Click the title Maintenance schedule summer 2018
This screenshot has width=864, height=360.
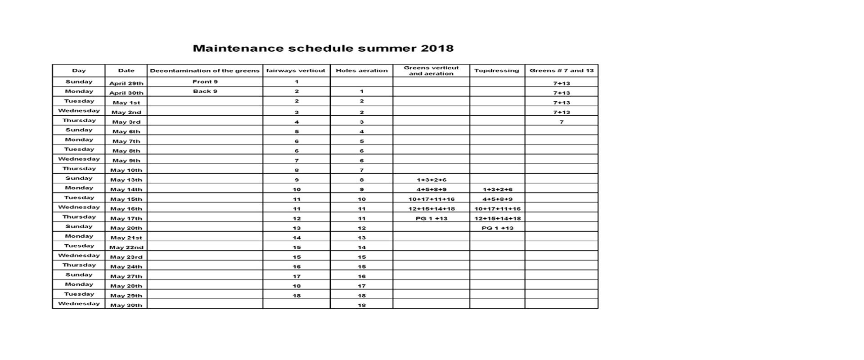click(323, 49)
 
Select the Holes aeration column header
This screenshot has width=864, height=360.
click(361, 71)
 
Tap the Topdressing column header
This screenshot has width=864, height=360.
click(496, 71)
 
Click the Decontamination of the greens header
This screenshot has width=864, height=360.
click(205, 71)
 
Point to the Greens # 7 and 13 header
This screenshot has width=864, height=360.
click(561, 71)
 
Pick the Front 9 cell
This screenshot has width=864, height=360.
click(205, 82)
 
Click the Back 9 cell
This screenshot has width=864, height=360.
click(205, 91)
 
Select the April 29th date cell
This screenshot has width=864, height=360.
click(126, 83)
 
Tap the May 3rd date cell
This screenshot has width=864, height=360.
click(126, 122)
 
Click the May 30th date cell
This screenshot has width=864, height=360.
click(126, 305)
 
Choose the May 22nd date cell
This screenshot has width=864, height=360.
click(126, 247)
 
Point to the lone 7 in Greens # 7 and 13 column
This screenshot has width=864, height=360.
click(561, 122)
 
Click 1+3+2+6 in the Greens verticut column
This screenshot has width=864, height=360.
click(431, 180)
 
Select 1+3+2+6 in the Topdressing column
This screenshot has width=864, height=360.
click(497, 189)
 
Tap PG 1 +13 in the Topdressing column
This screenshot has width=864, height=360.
click(497, 228)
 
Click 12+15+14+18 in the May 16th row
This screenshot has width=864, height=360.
click(431, 209)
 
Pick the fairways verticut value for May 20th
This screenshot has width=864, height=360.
click(297, 228)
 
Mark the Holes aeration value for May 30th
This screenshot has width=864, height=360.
click(361, 305)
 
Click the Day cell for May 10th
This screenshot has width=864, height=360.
click(79, 169)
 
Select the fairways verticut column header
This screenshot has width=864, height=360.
click(296, 71)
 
